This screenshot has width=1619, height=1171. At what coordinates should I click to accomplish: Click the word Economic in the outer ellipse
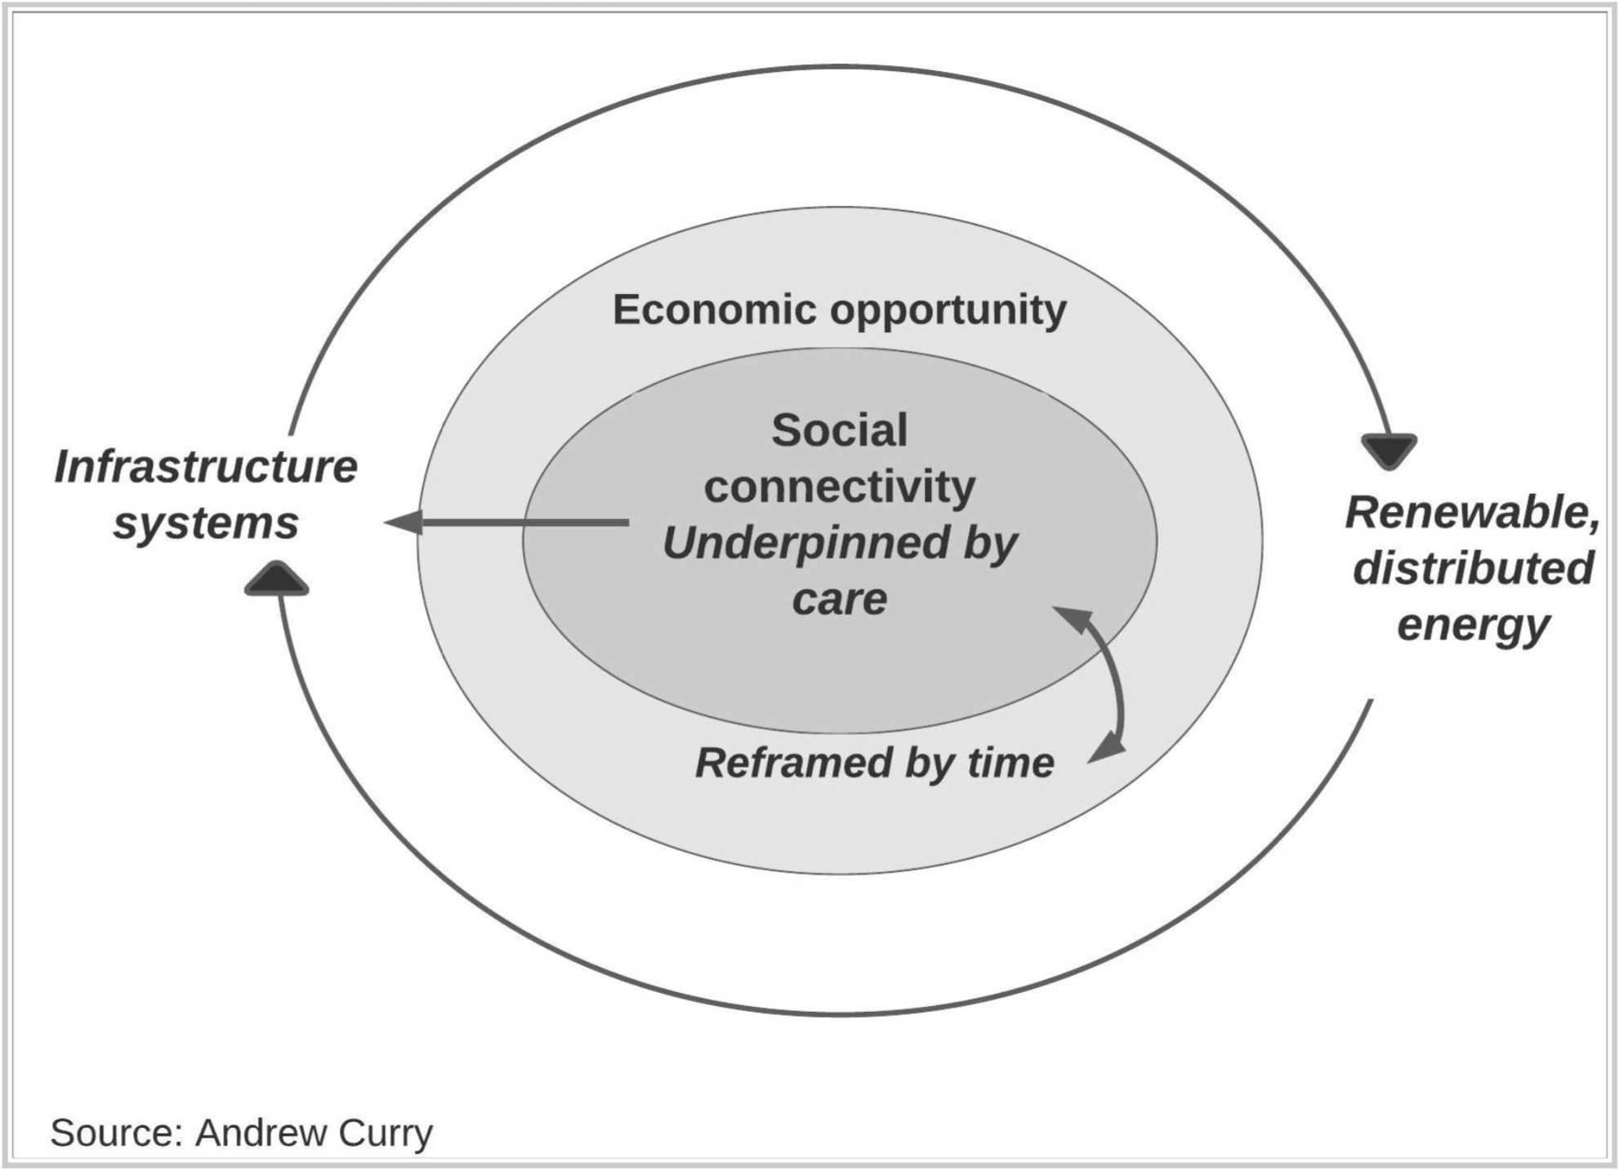click(715, 310)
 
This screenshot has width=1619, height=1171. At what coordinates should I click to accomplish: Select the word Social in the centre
click(839, 430)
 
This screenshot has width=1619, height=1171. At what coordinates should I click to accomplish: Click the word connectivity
click(839, 487)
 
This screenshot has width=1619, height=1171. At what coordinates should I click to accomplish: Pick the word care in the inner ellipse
click(839, 599)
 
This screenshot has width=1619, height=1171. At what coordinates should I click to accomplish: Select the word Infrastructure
click(206, 467)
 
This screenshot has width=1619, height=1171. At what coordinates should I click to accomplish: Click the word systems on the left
click(206, 523)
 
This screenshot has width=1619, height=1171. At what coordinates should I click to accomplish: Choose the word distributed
click(1473, 568)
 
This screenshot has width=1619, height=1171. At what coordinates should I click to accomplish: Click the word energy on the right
click(1473, 625)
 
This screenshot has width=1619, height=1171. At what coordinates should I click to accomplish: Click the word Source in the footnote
click(116, 1133)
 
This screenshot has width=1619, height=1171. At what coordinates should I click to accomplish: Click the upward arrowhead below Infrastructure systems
click(277, 579)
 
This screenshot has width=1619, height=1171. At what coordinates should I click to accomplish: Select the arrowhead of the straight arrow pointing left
click(404, 522)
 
